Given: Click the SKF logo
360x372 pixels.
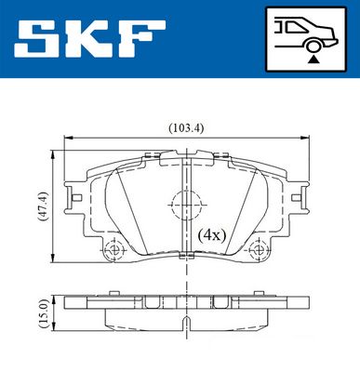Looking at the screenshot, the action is [89, 39].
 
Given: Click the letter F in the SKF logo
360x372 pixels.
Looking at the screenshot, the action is [143, 39].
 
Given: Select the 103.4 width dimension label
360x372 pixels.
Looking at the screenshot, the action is [186, 127].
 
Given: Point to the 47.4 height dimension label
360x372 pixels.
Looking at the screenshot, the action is [43, 206].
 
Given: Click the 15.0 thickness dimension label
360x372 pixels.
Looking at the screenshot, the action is [43, 313].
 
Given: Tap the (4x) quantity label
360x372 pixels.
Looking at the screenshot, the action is [212, 235].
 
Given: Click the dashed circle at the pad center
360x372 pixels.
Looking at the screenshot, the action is [186, 205].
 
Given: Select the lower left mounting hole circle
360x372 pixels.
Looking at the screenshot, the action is [114, 249].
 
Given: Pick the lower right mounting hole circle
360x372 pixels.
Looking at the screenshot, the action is [259, 249].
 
